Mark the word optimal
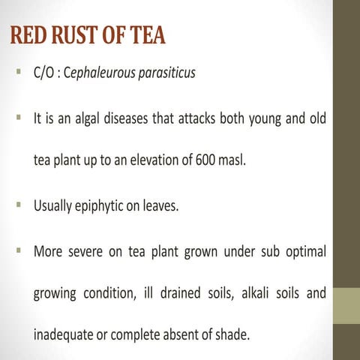306,251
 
